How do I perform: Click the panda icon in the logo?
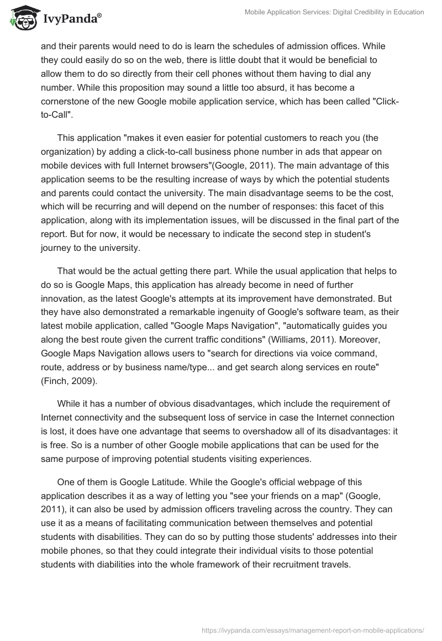click(22, 20)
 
